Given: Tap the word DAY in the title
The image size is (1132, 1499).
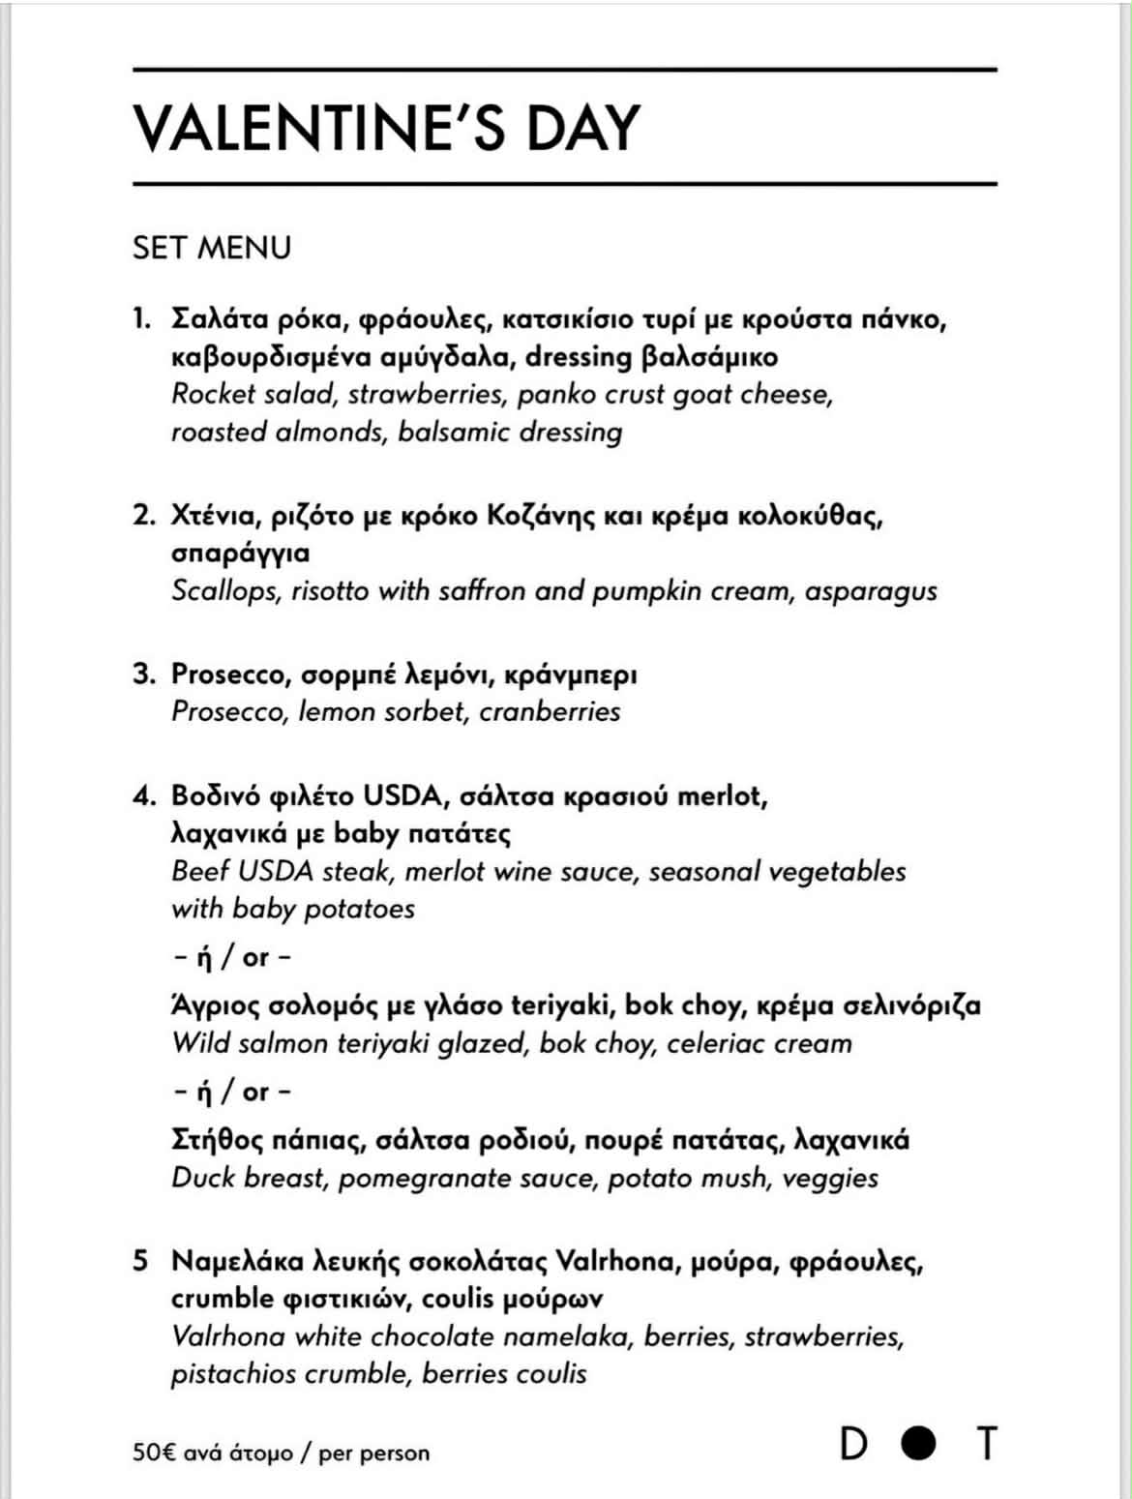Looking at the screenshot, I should tap(582, 127).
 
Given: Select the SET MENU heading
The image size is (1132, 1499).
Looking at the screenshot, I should tap(211, 248).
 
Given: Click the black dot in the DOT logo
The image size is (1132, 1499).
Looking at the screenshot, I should tap(918, 1444).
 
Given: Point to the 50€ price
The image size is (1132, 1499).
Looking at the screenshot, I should tap(154, 1453).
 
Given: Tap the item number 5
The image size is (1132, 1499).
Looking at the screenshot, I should tap(141, 1261).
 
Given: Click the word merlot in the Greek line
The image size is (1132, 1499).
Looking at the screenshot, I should tap(721, 795).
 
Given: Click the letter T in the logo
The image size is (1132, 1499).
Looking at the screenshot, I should tap(986, 1444).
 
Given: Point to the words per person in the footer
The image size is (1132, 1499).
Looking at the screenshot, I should tap(373, 1454).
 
